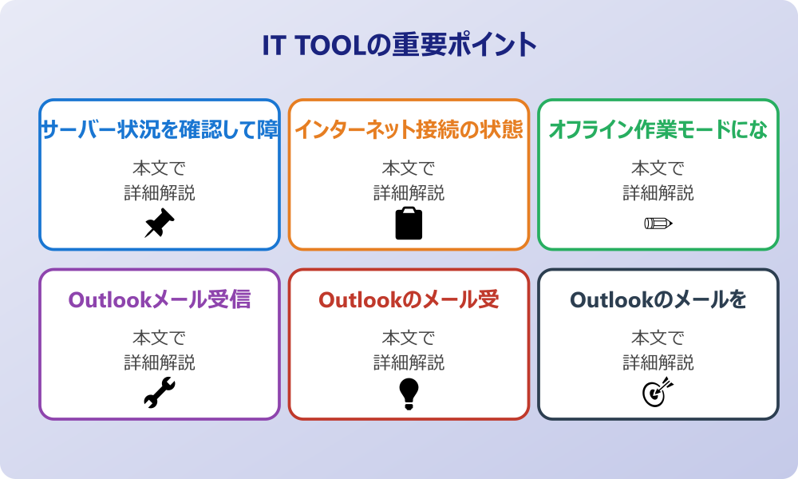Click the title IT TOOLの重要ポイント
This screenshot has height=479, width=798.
coord(399,46)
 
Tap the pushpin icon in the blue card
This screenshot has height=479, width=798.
coord(160,224)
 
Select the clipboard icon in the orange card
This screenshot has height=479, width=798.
coord(409,224)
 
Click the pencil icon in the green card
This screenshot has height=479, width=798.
coord(658,223)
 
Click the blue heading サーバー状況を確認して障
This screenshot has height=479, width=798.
coord(160,129)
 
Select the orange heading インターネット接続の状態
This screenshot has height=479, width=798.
coord(409,129)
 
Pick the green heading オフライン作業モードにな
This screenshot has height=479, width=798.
coord(658,129)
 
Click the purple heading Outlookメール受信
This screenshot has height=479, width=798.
coord(160,299)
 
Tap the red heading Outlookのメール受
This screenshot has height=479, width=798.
coord(409,299)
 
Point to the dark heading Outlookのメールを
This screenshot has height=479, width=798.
coord(658,299)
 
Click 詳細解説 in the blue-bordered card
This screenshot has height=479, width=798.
coord(160,193)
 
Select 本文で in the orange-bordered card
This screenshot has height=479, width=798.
coord(409,168)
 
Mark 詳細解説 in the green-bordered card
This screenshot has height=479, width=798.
coord(658,193)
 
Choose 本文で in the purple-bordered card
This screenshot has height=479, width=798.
coord(160,338)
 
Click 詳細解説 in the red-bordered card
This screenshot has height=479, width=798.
coord(409,362)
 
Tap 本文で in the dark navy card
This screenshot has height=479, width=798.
coord(658,338)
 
